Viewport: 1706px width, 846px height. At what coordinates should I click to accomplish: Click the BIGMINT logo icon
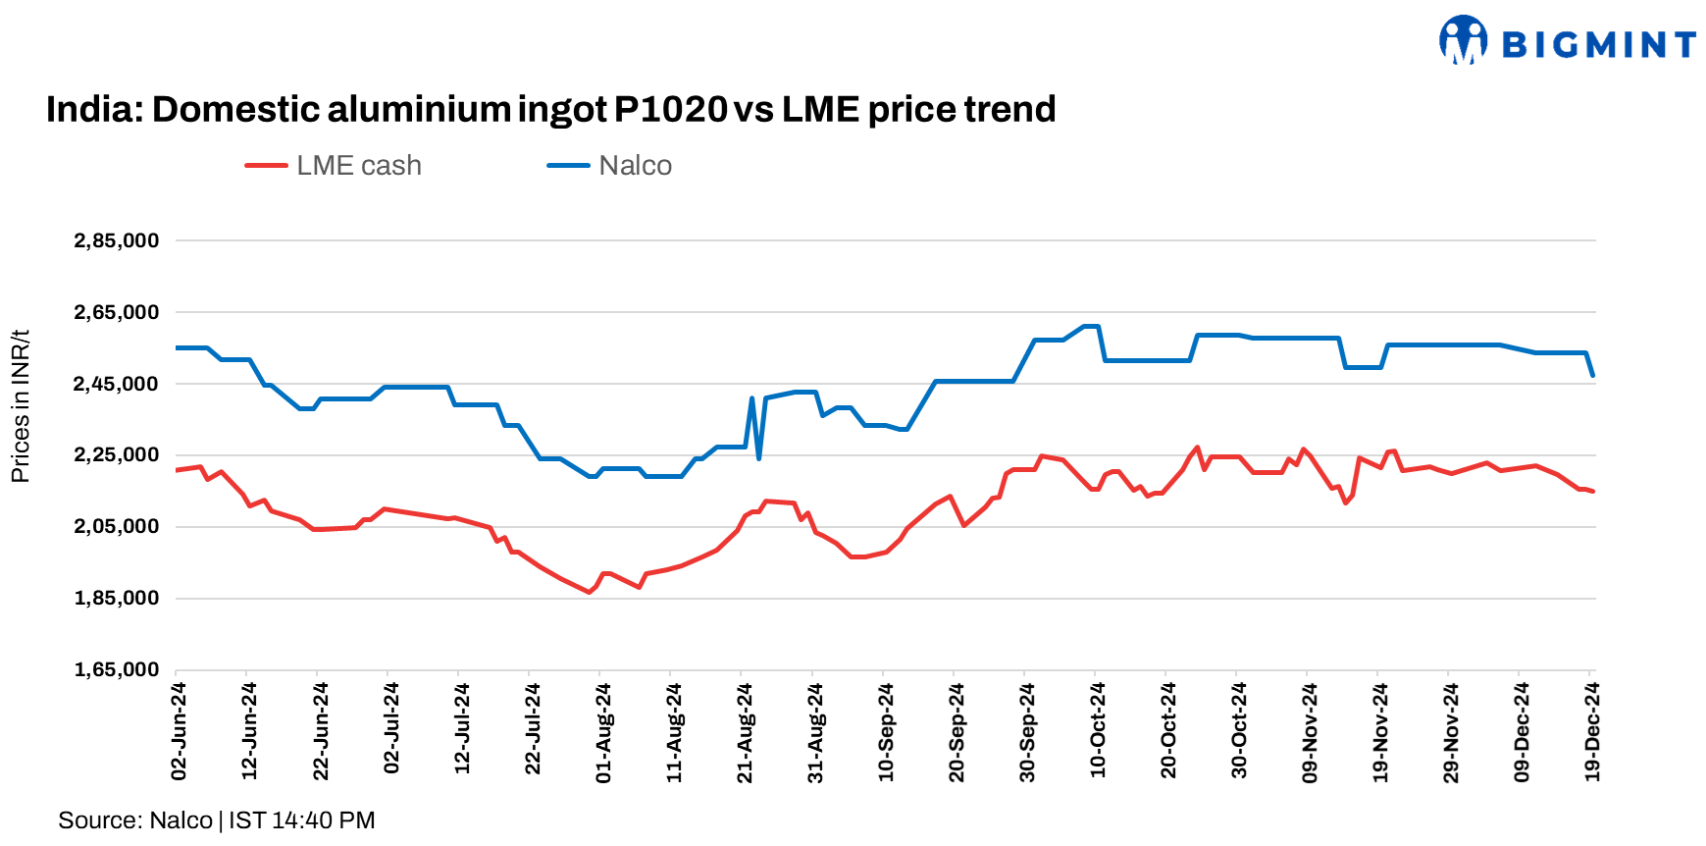point(1463,40)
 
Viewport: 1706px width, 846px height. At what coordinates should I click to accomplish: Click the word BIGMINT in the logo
point(1599,45)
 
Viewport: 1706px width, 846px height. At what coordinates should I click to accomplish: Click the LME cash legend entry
point(335,166)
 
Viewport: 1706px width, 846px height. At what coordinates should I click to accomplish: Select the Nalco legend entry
point(610,166)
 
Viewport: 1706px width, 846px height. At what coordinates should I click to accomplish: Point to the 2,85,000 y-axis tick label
point(117,240)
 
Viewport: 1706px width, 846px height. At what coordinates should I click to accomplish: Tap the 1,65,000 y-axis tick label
point(117,669)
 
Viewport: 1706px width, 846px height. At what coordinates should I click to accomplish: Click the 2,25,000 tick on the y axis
point(117,454)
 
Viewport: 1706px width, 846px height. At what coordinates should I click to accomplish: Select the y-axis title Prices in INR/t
point(20,406)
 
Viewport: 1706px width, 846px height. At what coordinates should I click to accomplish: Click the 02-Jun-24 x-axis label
point(180,731)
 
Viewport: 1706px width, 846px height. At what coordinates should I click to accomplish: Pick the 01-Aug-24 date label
point(603,732)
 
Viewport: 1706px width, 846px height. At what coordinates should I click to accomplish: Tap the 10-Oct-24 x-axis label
point(1098,730)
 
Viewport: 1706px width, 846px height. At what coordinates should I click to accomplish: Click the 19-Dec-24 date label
point(1592,731)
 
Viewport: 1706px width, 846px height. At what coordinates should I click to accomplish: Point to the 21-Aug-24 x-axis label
point(745,732)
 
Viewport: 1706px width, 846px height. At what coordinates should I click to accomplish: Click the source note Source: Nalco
point(135,820)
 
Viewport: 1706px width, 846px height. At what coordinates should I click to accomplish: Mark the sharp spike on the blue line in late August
point(752,398)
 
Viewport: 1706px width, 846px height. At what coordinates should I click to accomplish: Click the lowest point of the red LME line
point(590,592)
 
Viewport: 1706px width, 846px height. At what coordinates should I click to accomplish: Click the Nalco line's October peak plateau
point(1090,326)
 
